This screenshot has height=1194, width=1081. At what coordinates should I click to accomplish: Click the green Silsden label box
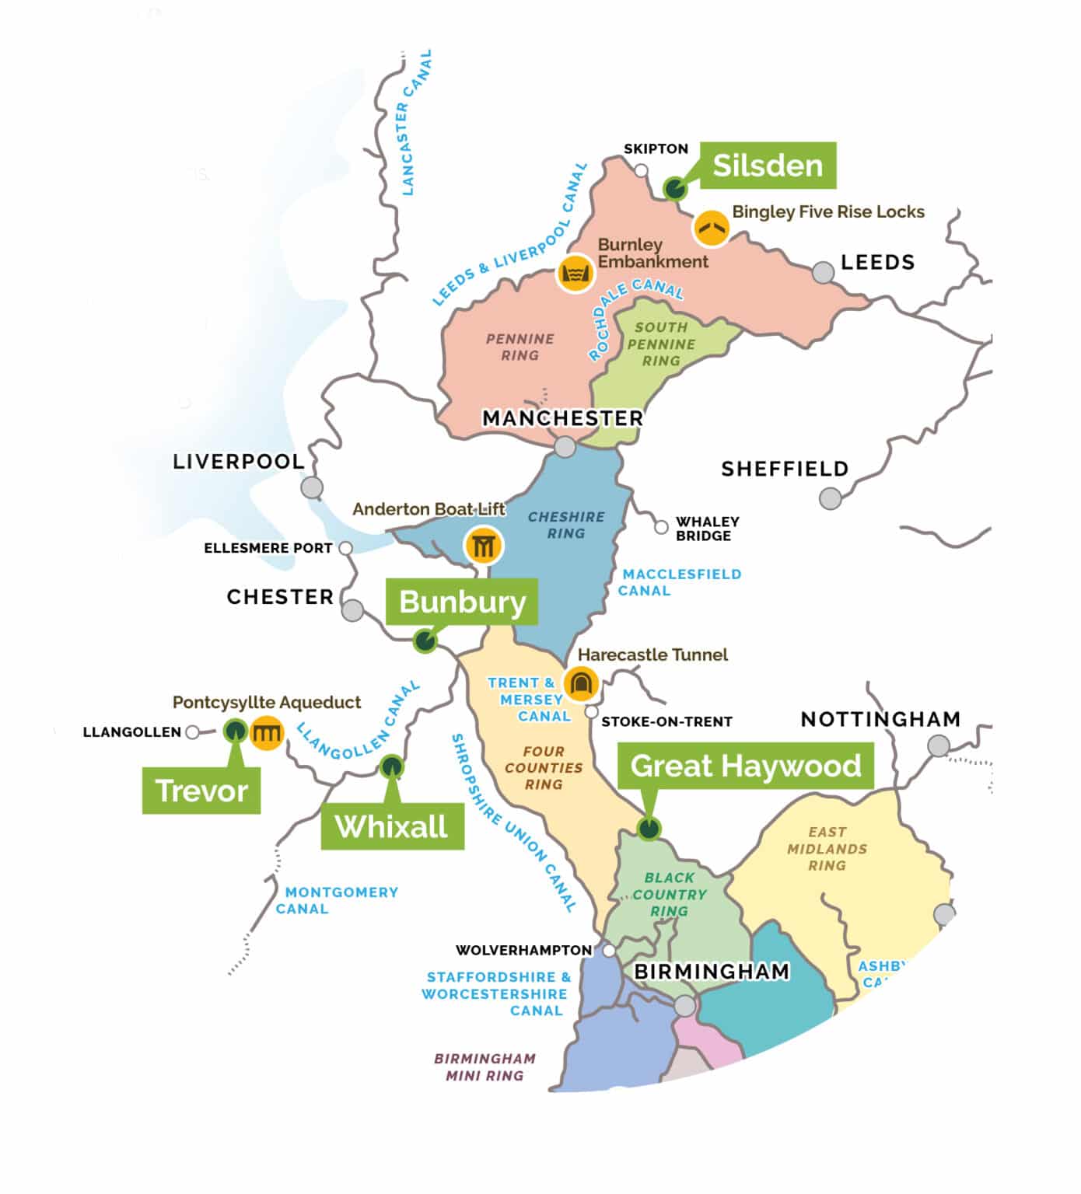coord(768,166)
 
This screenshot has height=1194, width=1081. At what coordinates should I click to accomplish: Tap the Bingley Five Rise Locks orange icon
coord(711,229)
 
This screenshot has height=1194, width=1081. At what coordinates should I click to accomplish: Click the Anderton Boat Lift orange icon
coord(483,546)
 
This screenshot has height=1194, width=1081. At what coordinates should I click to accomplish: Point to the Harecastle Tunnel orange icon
coord(580,684)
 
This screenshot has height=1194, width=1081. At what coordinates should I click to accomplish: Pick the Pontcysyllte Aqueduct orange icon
coord(267,732)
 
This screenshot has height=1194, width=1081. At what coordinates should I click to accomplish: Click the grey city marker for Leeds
coord(823,272)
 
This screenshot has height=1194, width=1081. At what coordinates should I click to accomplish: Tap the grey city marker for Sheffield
coord(831,498)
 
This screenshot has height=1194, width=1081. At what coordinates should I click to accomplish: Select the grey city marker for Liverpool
coord(312,487)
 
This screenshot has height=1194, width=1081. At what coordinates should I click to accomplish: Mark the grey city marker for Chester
coord(352,610)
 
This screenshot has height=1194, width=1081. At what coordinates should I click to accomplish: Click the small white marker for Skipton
coord(641,170)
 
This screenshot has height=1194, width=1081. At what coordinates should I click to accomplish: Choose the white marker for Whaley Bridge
coord(661,528)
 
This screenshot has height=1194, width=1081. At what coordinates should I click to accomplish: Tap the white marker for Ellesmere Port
coord(346,548)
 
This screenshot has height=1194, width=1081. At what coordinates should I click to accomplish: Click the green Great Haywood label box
coord(745,766)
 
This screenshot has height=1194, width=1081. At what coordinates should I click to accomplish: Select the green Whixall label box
coord(392,826)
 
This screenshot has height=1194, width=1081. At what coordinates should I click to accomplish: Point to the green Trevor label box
coord(201,791)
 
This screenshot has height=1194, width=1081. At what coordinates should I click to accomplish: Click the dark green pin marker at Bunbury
coord(425,641)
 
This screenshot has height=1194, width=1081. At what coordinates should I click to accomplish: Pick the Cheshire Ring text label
coord(566,525)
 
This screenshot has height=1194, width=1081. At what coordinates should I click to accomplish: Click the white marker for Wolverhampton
coord(609,951)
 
